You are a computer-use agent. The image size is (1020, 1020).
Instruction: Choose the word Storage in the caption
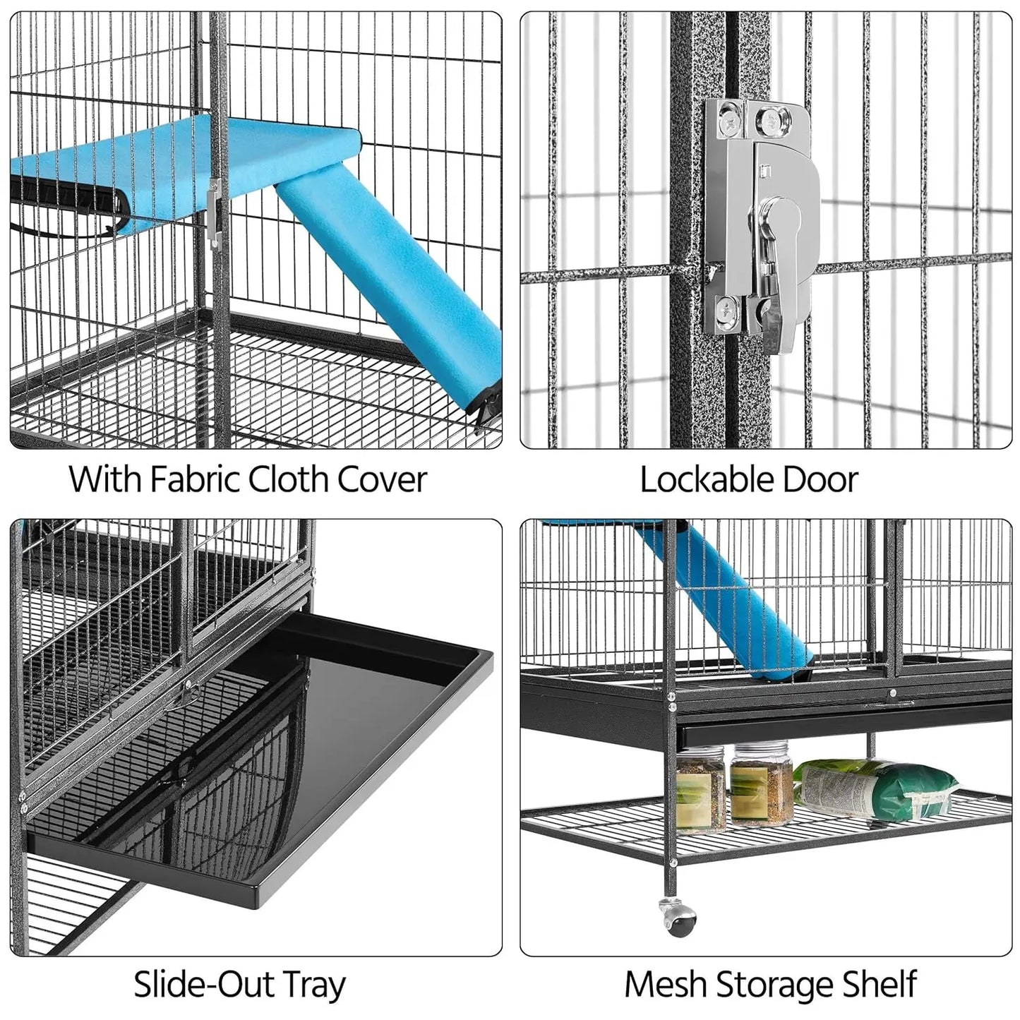[773, 985]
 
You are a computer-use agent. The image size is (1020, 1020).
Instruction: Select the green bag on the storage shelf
[879, 784]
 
